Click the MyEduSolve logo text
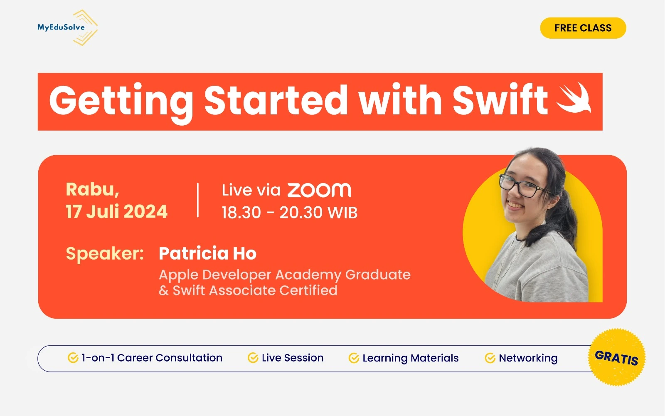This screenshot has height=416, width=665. [x=61, y=27]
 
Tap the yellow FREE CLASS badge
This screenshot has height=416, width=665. [x=583, y=28]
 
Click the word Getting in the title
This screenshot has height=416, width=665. [x=121, y=101]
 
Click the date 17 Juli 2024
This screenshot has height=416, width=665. [x=116, y=211]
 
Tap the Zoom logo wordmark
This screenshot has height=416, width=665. [x=319, y=190]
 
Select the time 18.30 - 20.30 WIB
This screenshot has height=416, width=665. [x=289, y=213]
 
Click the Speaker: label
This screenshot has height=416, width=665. [x=105, y=253]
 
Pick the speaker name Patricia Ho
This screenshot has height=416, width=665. [x=207, y=253]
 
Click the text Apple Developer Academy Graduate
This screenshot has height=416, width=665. [x=285, y=275]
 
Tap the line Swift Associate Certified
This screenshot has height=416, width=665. [x=255, y=290]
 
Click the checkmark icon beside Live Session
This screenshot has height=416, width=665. [x=253, y=358]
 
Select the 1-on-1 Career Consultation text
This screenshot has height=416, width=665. [x=152, y=358]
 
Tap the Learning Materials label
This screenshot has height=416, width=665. [x=410, y=358]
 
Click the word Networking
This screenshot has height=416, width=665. [x=528, y=358]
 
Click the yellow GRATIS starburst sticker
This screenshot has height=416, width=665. [x=617, y=357]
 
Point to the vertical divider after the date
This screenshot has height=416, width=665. [x=198, y=200]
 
